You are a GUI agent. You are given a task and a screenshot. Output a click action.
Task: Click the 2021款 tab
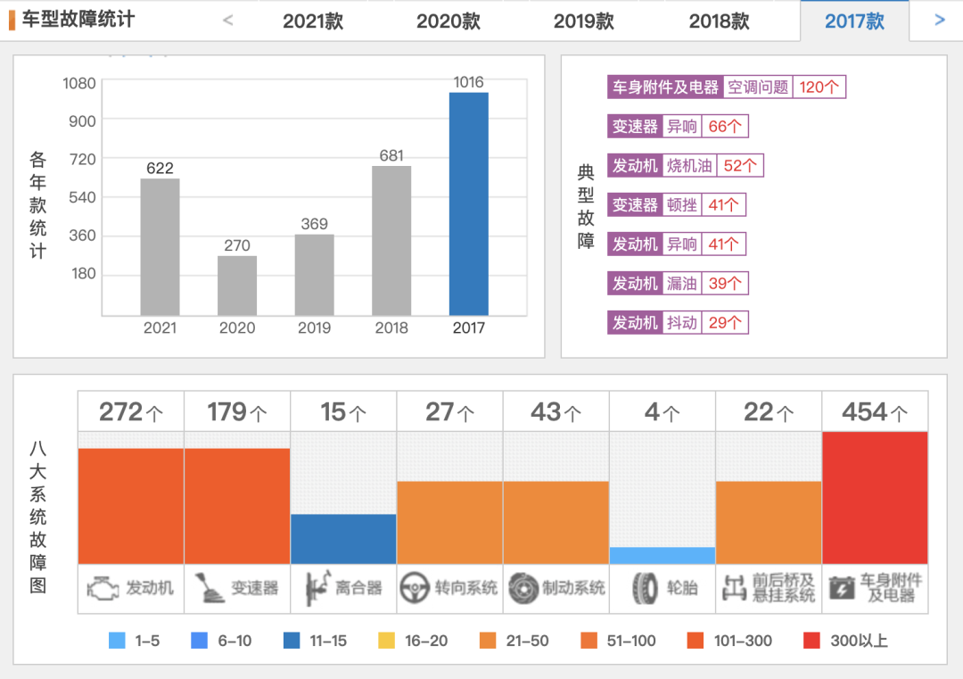[x=313, y=21]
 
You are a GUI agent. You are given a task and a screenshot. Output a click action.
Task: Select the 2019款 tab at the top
[x=583, y=21]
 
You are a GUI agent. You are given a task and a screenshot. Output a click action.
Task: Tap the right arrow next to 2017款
[x=939, y=20]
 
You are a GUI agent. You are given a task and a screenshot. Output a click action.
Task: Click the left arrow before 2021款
[x=228, y=20]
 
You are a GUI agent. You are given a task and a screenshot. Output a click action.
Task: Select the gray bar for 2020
[x=237, y=286]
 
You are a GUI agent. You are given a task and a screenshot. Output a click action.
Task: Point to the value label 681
[x=391, y=155]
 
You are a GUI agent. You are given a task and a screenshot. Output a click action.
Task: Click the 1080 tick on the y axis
[x=79, y=83]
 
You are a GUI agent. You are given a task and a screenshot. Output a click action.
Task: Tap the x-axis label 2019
[x=314, y=327]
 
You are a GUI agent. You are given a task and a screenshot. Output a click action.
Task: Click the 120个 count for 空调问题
[x=819, y=87]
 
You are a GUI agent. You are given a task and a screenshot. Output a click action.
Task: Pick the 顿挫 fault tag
[x=682, y=204]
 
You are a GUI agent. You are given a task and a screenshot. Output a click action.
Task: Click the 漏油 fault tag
[x=682, y=283]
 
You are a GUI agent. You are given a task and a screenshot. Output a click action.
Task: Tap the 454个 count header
[x=875, y=411]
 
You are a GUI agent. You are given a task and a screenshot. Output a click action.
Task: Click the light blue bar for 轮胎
[x=663, y=555]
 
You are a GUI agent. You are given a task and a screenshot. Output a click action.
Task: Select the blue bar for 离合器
[x=343, y=539]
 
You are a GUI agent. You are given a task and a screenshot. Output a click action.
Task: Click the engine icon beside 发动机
[x=103, y=588]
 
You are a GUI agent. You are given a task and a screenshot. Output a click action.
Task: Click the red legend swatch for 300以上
[x=811, y=640]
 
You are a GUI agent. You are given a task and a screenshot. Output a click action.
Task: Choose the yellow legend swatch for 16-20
[x=386, y=640]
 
